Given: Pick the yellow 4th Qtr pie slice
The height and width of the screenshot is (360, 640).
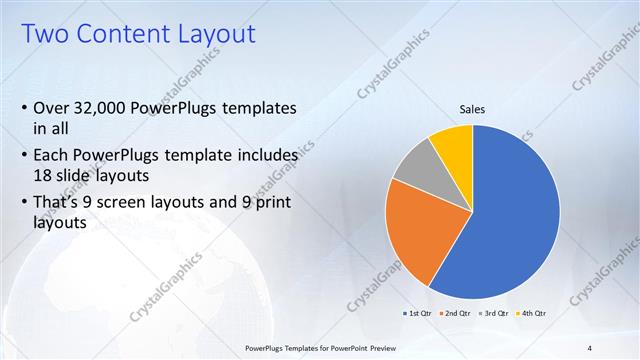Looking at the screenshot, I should (x=453, y=142).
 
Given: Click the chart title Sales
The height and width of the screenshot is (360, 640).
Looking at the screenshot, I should (x=473, y=110).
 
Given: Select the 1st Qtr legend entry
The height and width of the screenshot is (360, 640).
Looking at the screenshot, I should (x=416, y=313).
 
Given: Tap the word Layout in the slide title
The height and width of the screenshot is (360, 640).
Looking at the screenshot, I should (x=216, y=35).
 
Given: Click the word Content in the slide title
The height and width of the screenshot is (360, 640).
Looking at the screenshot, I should (x=125, y=35).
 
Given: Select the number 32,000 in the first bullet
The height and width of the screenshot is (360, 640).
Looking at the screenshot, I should (x=109, y=108).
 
